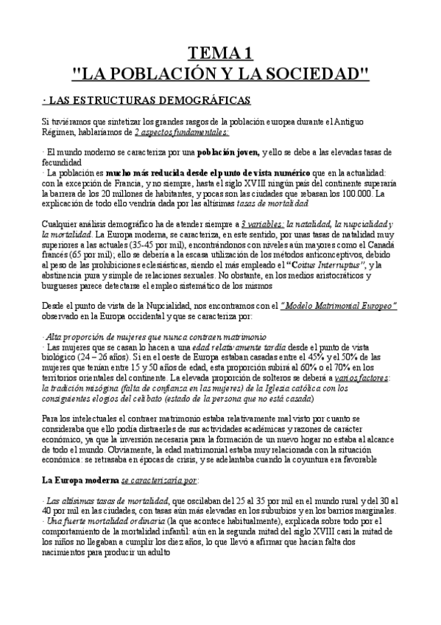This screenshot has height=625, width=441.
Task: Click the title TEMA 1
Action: click(x=220, y=52)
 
